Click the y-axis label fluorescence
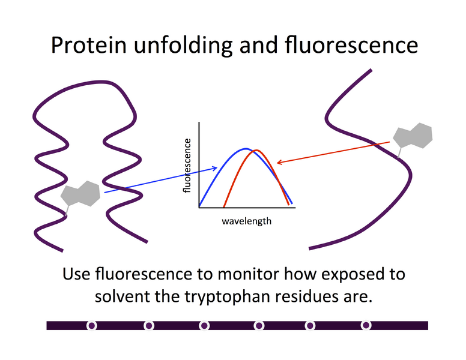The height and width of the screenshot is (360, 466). point(187,166)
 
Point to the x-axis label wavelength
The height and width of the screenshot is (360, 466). point(246,221)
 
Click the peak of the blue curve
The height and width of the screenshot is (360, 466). point(245,149)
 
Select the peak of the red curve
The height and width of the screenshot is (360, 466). point(256,151)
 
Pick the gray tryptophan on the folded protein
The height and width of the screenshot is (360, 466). point(79,194)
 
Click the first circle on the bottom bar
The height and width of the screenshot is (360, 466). point(92,325)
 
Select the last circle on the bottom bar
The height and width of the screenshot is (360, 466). point(366,325)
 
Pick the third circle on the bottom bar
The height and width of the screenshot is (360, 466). point(205,325)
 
